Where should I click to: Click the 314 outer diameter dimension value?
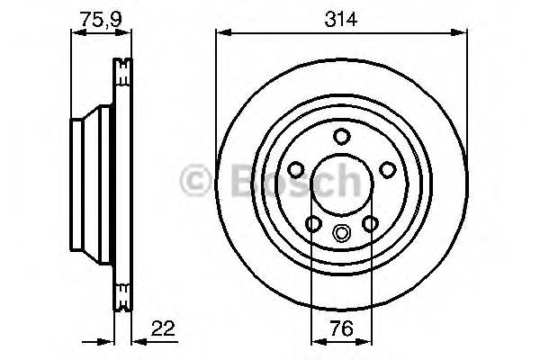[x=341, y=17]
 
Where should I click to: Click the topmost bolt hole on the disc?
[x=341, y=136]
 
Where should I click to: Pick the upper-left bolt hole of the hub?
[x=296, y=168]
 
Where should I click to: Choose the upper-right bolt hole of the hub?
[x=386, y=168]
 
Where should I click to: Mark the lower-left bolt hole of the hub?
[x=313, y=224]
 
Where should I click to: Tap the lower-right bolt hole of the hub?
[x=370, y=224]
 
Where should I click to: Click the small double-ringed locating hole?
[x=341, y=232]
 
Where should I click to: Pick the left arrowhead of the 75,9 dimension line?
[x=76, y=34]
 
